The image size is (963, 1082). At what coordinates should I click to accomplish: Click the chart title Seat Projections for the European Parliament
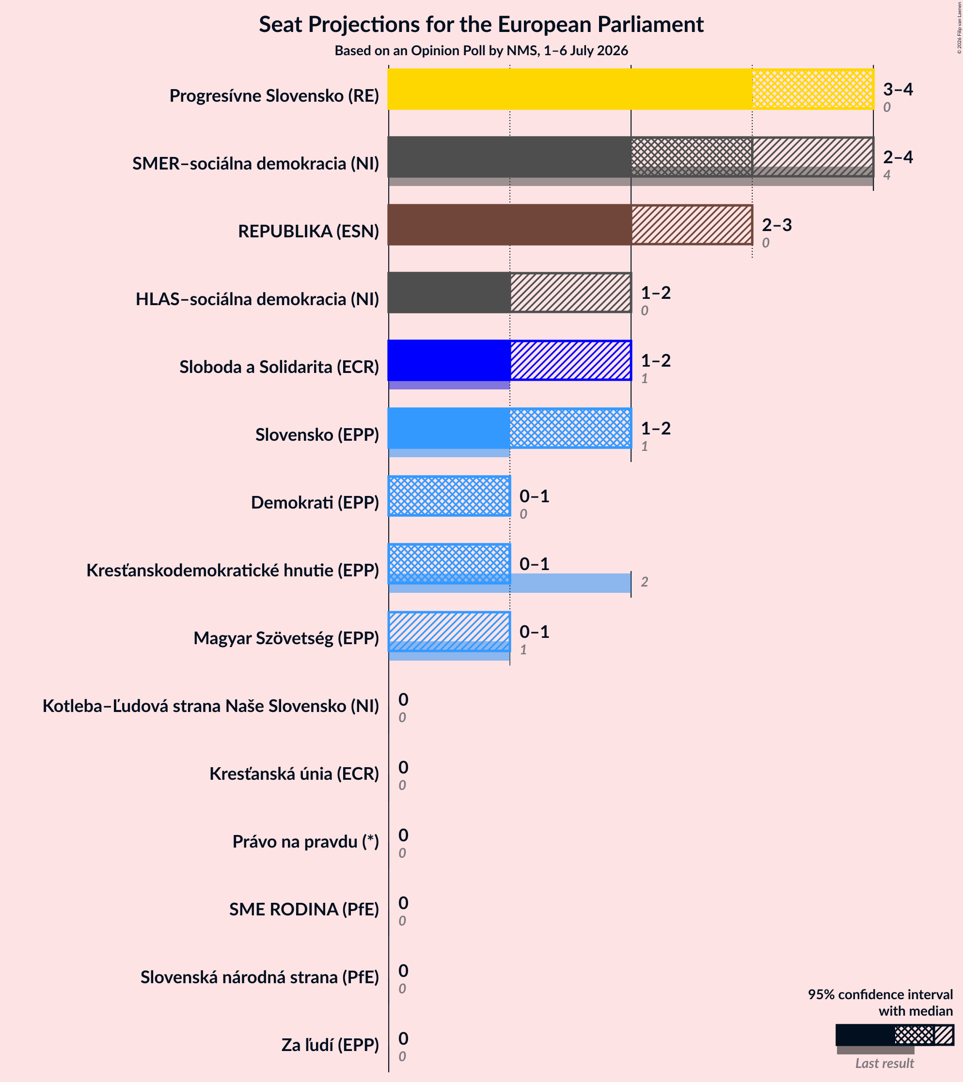pyautogui.click(x=481, y=25)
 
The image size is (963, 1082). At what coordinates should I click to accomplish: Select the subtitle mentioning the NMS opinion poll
pyautogui.click(x=481, y=51)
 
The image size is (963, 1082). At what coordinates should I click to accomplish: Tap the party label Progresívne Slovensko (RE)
pyautogui.click(x=274, y=96)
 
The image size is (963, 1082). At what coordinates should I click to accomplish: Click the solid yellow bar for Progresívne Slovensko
pyautogui.click(x=570, y=89)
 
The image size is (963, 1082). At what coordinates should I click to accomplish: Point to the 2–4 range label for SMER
pyautogui.click(x=898, y=157)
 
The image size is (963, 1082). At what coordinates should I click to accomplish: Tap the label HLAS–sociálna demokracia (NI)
pyautogui.click(x=257, y=300)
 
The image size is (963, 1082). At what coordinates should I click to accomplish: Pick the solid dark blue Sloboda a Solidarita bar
pyautogui.click(x=449, y=360)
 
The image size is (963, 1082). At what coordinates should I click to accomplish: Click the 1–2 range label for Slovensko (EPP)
pyautogui.click(x=656, y=428)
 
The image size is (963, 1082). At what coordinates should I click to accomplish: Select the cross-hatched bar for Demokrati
pyautogui.click(x=449, y=496)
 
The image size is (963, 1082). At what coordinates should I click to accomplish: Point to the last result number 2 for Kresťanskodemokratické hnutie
pyautogui.click(x=645, y=582)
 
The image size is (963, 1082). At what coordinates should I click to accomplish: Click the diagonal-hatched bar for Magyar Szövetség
pyautogui.click(x=449, y=632)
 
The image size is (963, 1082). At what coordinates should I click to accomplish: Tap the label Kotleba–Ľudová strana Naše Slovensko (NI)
pyautogui.click(x=211, y=706)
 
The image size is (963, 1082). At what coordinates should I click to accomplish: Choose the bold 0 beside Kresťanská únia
pyautogui.click(x=403, y=767)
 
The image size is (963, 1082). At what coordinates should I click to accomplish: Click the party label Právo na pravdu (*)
pyautogui.click(x=306, y=842)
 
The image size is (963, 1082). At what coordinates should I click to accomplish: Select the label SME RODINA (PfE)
pyautogui.click(x=304, y=910)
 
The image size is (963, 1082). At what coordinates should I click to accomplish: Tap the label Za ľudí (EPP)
pyautogui.click(x=330, y=1045)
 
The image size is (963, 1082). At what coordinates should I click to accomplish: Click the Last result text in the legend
pyautogui.click(x=884, y=1064)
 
